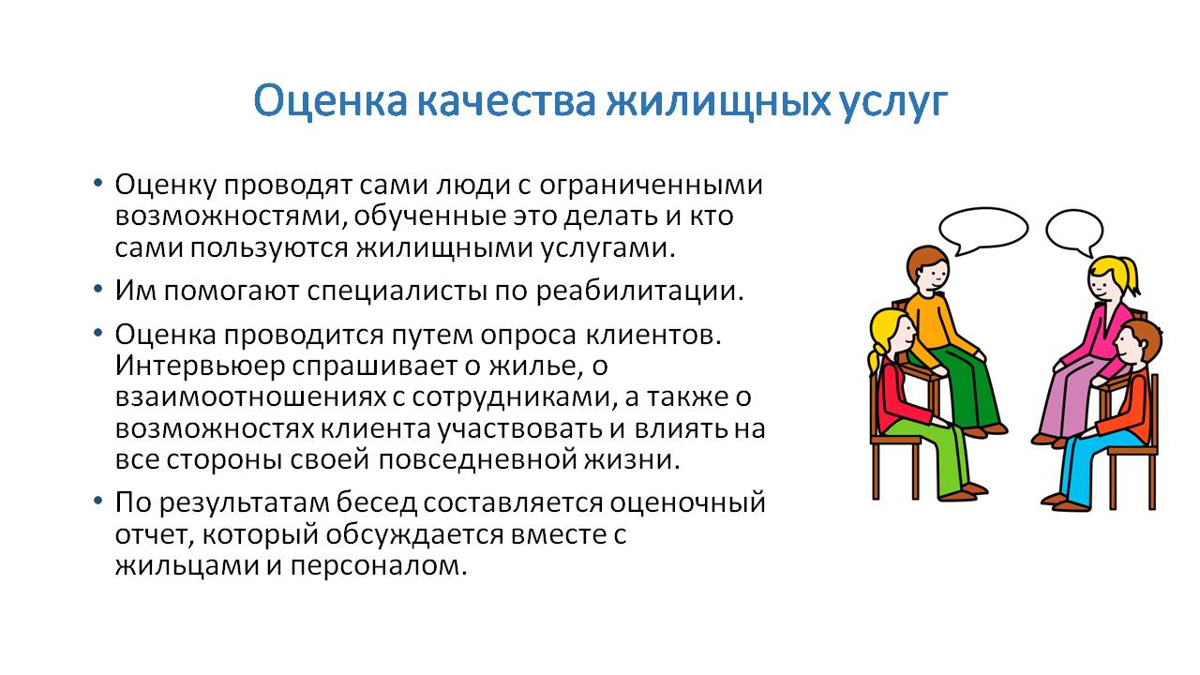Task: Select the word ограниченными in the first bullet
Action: (651, 186)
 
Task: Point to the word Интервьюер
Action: (201, 367)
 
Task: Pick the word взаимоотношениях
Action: (250, 397)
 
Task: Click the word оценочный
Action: (688, 503)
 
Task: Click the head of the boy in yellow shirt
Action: (928, 271)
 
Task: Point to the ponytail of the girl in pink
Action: (1131, 276)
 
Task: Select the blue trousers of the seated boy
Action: (1087, 460)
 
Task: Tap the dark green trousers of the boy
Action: (969, 385)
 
